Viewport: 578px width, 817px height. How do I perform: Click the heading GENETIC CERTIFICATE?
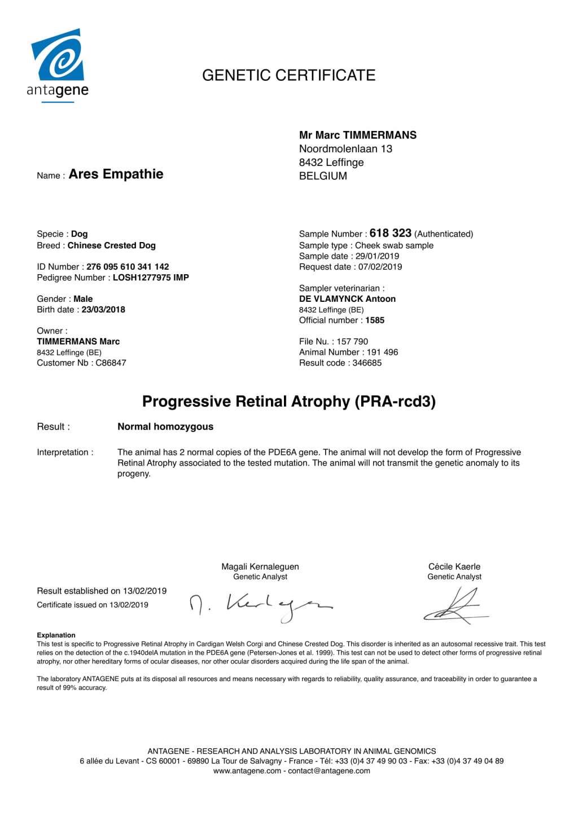pos(288,76)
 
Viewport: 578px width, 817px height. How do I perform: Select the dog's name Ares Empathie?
pos(116,174)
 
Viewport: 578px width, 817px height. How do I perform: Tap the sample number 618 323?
pos(390,233)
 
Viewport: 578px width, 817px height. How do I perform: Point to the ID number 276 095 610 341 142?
pos(128,267)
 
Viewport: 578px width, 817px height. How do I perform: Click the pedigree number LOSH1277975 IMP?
pos(151,278)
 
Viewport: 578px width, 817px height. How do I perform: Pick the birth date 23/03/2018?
pos(103,310)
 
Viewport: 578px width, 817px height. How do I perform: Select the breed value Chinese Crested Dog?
pos(111,245)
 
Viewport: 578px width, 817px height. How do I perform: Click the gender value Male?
pos(83,299)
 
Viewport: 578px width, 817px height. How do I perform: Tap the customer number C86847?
pos(111,363)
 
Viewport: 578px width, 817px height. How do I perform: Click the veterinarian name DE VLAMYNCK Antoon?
pos(347,299)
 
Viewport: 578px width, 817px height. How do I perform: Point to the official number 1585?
pos(375,320)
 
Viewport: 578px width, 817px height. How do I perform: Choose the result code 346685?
pos(367,363)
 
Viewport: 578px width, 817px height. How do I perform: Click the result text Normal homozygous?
pos(165,427)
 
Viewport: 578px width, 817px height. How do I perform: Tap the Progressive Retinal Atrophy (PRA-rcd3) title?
pos(288,401)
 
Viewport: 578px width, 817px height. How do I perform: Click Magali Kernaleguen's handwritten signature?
pos(261,606)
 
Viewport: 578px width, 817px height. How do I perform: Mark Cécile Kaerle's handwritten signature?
pos(455,605)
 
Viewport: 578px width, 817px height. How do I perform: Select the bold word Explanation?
pos(56,635)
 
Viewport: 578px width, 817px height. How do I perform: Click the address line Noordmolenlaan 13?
pos(345,149)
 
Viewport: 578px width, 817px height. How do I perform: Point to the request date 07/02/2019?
pos(380,267)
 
